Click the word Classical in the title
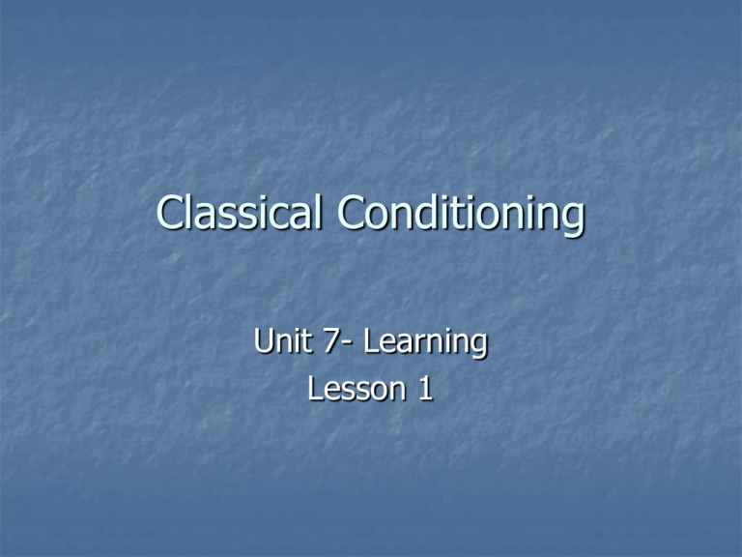239,212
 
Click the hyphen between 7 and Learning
348,344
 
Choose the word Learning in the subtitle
425,342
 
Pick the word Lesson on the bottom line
356,389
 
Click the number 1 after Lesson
426,390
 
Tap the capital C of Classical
170,213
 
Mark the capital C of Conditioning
352,213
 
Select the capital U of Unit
264,340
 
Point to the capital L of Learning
371,340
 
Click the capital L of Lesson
316,389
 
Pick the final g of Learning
478,347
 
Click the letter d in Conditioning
430,212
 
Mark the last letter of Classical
318,212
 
